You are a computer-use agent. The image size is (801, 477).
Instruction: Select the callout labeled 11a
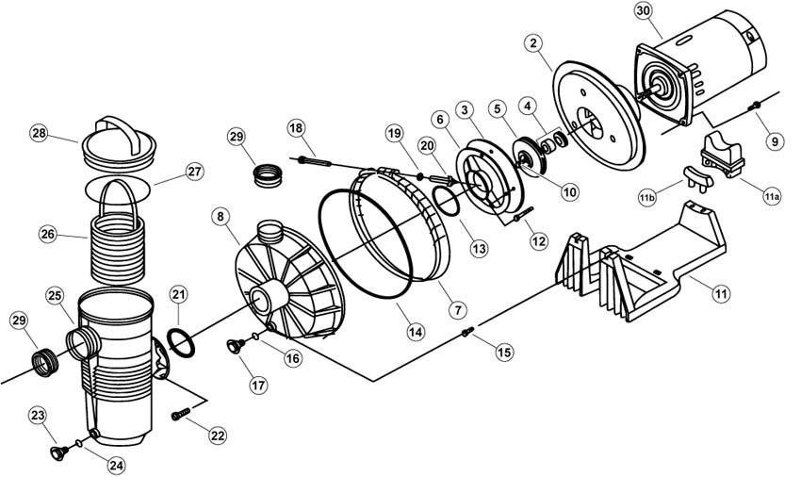771,197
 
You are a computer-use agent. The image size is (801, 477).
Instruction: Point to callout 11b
646,197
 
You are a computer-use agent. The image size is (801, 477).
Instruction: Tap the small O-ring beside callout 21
181,340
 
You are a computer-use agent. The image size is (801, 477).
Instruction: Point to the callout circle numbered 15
504,352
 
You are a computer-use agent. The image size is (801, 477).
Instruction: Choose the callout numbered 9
774,142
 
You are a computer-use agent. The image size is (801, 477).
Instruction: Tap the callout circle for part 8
221,217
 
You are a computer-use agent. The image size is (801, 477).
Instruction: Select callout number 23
39,415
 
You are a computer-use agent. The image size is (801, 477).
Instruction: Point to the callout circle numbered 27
193,173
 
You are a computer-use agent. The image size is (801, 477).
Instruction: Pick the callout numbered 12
538,241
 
